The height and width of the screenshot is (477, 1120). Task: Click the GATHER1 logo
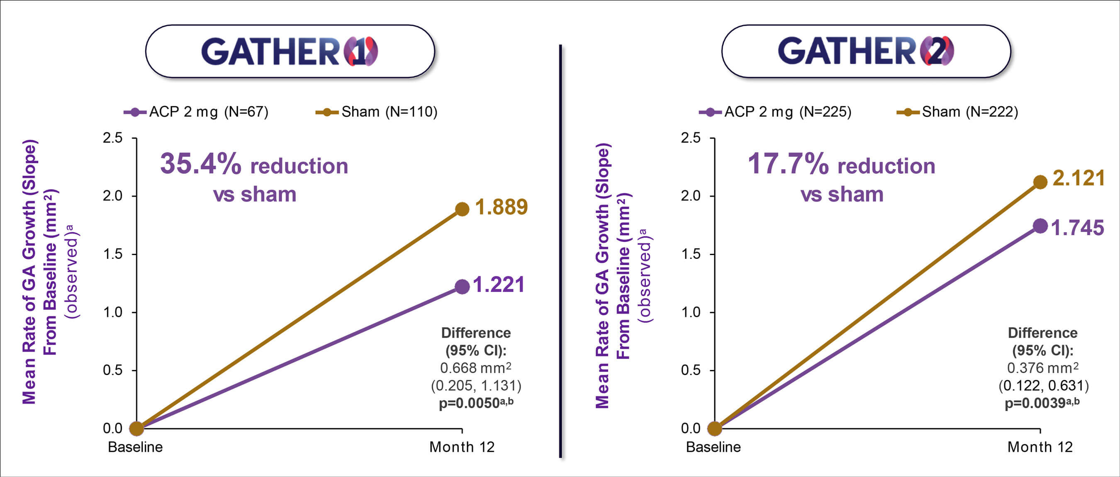[290, 51]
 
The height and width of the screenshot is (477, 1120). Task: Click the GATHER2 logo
[866, 51]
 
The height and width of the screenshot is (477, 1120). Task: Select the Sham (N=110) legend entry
[377, 112]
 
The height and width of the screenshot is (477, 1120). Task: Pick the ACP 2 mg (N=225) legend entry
[775, 112]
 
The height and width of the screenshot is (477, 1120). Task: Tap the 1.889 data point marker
[462, 209]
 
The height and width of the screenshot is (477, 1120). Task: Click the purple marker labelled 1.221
[462, 287]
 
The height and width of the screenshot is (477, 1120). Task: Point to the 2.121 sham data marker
[1040, 182]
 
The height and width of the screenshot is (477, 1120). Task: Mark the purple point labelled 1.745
[1040, 226]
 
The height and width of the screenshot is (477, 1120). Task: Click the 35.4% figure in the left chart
[200, 164]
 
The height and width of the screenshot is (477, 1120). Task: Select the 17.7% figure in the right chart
[788, 164]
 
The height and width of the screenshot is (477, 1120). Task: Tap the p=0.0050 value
[470, 404]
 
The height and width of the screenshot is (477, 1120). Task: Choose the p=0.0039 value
[1035, 404]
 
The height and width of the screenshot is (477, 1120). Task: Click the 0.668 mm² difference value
[475, 368]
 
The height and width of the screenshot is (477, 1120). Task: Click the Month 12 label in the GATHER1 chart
[462, 447]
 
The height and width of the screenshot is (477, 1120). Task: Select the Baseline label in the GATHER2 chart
[713, 447]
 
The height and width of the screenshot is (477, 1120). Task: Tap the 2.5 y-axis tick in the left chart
[112, 138]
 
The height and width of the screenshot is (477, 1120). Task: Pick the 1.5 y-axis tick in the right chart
[691, 254]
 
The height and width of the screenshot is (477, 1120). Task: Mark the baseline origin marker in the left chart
[136, 429]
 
